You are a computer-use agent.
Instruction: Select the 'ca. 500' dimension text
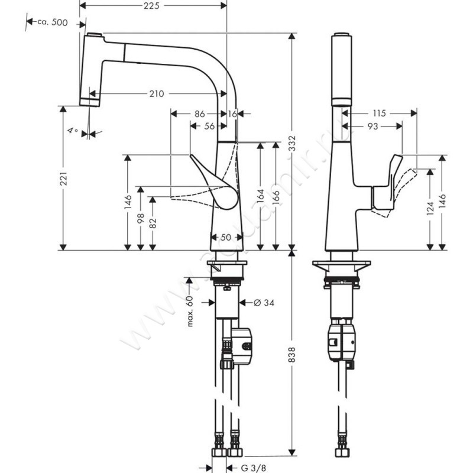click(52, 22)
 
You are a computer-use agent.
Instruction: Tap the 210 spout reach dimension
click(156, 93)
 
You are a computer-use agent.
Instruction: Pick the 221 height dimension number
click(70, 177)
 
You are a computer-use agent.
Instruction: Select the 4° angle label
click(73, 130)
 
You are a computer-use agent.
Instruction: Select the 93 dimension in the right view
click(372, 125)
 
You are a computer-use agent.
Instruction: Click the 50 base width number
click(227, 237)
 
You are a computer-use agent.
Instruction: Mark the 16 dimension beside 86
click(231, 112)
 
